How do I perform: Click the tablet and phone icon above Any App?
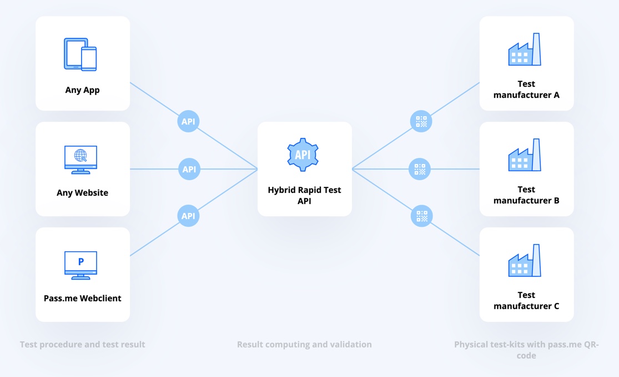coord(80,54)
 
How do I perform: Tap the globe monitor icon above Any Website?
coord(81,160)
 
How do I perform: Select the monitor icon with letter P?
coord(81,265)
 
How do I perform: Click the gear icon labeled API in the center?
coord(303,154)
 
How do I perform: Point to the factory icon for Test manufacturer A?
coord(525,50)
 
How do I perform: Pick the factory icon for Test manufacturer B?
coord(525,156)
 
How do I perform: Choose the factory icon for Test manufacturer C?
coord(525,261)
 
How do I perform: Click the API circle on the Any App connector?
coord(188,121)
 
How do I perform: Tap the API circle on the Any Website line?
coord(189,169)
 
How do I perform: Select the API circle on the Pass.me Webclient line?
coord(188,216)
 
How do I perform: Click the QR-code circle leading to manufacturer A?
coord(421,121)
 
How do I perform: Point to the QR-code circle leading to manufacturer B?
coord(420,169)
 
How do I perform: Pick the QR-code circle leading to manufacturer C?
coord(422,216)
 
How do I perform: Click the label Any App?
coord(82,90)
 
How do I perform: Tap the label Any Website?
coord(82,193)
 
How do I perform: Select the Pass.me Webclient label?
coord(82,298)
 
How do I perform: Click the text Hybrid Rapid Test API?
coord(304,195)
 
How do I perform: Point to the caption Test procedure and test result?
coord(82,345)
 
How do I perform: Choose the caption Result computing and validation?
coord(304,345)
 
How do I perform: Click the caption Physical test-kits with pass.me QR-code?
coord(526,350)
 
